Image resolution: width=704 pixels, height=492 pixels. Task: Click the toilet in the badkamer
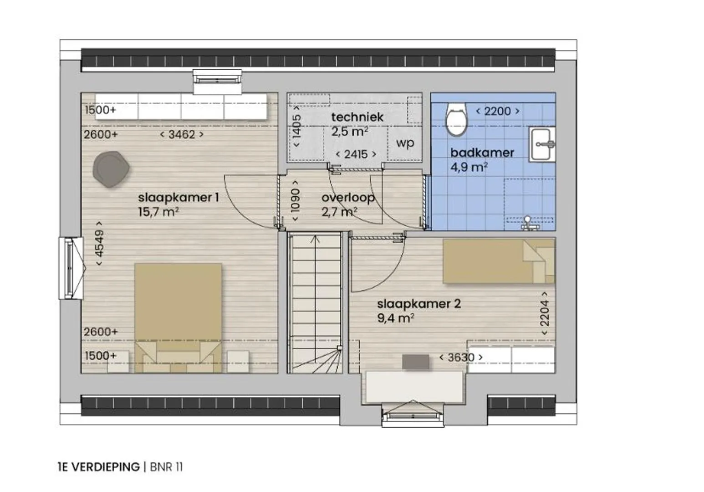[457, 119]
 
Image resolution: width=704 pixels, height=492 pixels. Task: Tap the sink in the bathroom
[542, 144]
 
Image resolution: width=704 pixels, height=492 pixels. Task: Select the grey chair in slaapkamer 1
[111, 169]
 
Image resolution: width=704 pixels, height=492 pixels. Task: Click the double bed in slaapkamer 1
[178, 318]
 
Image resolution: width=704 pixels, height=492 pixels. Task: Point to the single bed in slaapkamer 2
[499, 261]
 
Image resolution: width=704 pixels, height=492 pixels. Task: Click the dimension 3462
[182, 134]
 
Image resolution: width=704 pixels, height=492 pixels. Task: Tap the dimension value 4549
[99, 243]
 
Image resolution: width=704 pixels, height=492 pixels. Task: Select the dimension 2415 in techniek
[356, 154]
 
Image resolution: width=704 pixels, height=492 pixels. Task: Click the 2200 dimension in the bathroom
[498, 111]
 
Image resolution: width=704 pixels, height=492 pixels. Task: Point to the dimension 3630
[461, 358]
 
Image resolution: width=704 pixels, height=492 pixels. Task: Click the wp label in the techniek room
[405, 143]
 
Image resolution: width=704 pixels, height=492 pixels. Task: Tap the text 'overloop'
[348, 198]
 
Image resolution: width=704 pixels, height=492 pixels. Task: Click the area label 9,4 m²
[395, 318]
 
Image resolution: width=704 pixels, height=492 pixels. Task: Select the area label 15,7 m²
[158, 212]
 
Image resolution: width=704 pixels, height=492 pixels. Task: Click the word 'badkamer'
[482, 153]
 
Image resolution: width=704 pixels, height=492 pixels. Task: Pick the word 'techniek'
[357, 117]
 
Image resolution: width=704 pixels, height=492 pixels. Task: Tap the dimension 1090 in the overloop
[295, 200]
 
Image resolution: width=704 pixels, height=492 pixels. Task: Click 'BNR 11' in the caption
[166, 467]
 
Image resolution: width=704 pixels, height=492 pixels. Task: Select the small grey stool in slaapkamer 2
[416, 362]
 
